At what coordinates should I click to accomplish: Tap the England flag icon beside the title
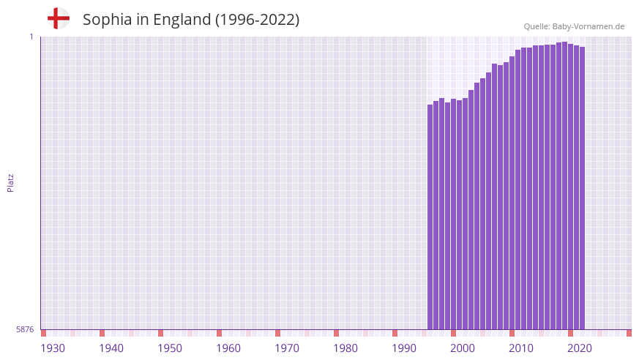tap(59, 18)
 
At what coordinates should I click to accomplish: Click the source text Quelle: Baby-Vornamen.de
tap(574, 26)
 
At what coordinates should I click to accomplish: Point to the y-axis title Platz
tap(10, 182)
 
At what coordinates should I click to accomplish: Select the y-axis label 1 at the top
tap(31, 37)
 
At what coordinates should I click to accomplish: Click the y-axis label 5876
tap(25, 330)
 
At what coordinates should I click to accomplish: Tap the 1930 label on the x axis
tap(53, 348)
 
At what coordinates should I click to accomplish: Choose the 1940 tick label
tap(111, 348)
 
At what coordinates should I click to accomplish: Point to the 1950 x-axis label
tap(170, 348)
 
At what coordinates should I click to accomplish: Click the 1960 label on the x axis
tap(228, 348)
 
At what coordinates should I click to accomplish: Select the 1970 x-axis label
tap(287, 348)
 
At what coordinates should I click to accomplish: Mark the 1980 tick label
tap(345, 348)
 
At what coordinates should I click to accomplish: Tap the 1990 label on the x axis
tap(404, 348)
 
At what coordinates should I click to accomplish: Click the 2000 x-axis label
tap(463, 348)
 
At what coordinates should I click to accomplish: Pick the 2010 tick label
tap(521, 348)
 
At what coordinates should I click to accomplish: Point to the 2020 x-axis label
tap(580, 348)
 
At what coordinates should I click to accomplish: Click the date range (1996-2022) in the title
tap(257, 20)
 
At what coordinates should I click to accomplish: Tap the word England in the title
tap(182, 20)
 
